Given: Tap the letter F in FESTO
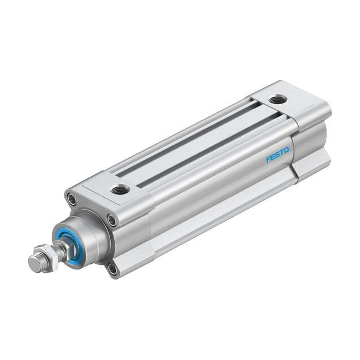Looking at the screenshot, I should (268, 160).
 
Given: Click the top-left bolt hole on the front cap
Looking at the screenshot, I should (71, 198).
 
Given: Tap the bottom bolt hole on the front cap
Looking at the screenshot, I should (113, 269).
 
